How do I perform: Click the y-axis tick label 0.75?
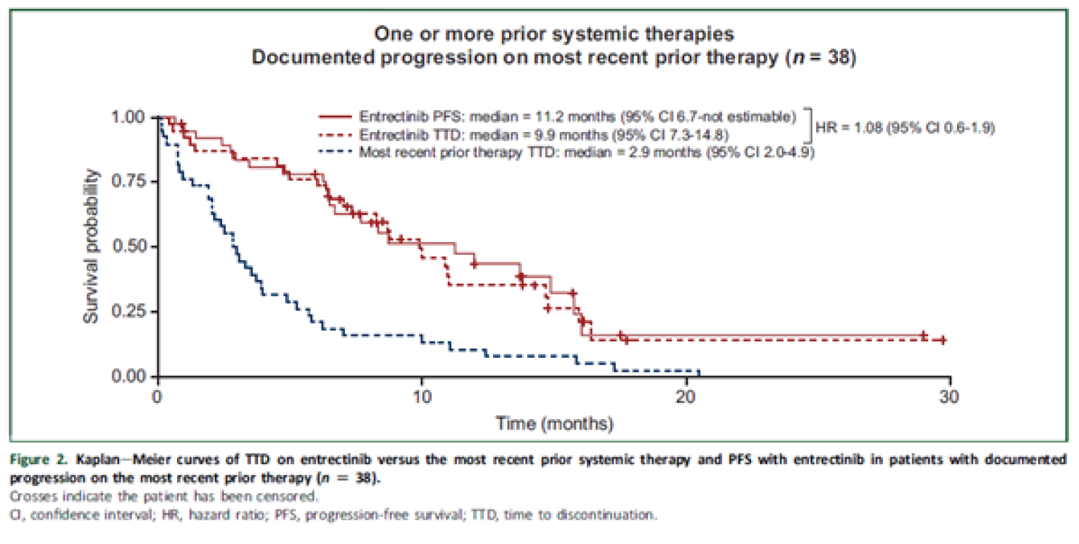coord(130,182)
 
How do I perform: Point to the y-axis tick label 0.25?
coord(130,312)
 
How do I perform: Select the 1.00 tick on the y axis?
coord(130,117)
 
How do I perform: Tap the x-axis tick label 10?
coord(422,395)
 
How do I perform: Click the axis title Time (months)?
coord(554,423)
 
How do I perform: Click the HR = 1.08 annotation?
coord(905,128)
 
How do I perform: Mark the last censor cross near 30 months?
coord(943,339)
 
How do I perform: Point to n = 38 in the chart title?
coord(821,57)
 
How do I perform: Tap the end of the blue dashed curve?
coord(699,371)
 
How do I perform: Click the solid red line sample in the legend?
coord(336,116)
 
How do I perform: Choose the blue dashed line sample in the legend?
coord(336,151)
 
